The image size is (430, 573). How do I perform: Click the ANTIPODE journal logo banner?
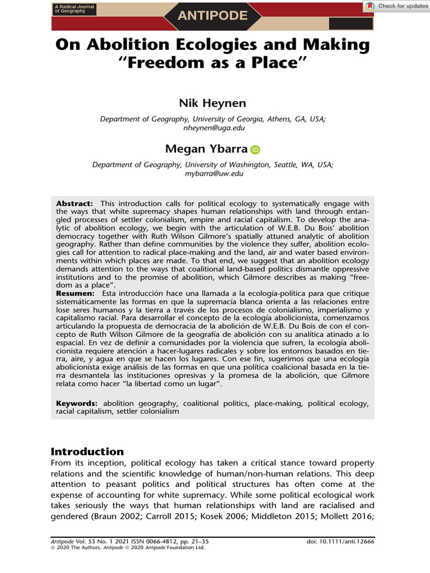[x=212, y=16]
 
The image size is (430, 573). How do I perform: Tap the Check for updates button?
[x=396, y=6]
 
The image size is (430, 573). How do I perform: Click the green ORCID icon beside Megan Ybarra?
[x=255, y=149]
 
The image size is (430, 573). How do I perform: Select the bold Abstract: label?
[x=75, y=203]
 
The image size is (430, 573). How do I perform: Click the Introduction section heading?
[x=87, y=452]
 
